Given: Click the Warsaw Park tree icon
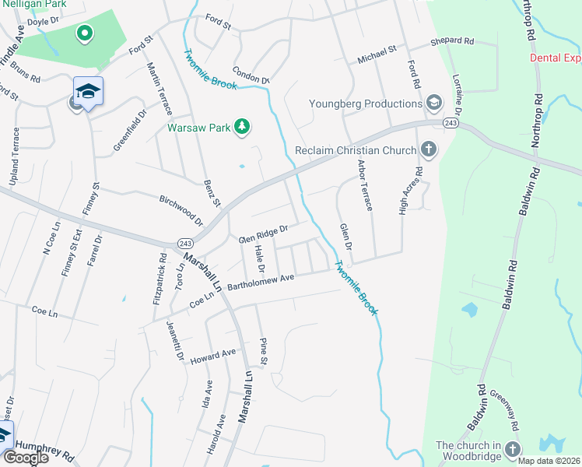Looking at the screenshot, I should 242,127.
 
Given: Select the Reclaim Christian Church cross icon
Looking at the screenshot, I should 427,149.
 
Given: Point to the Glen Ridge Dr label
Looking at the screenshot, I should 263,233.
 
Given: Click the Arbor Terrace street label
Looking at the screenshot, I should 365,185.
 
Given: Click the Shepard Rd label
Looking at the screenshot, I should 452,40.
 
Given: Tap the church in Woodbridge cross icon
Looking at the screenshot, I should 512,449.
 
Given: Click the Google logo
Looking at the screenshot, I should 26,458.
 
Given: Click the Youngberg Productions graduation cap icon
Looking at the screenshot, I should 433,103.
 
